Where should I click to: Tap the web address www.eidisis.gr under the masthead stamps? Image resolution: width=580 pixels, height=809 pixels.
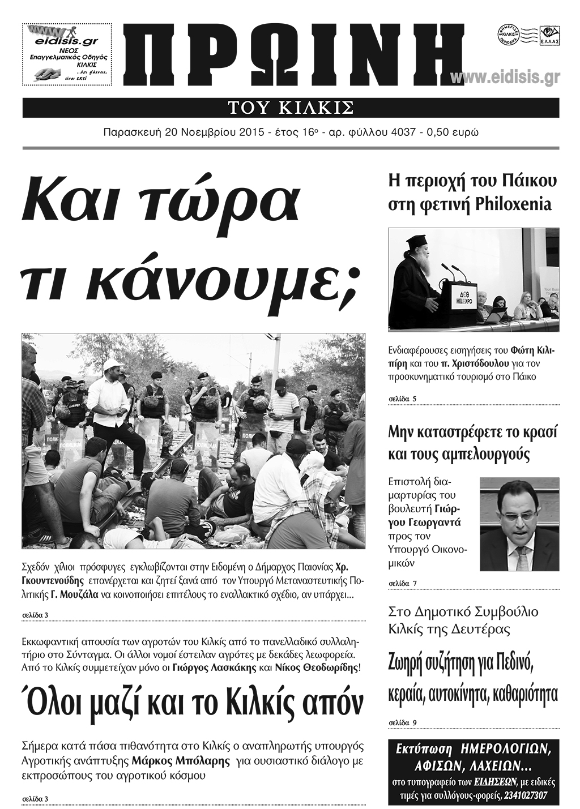click(506, 79)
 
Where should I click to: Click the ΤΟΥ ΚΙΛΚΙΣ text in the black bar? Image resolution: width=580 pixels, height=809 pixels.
click(291, 108)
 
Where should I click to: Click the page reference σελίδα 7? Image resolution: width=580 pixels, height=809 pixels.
click(403, 583)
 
